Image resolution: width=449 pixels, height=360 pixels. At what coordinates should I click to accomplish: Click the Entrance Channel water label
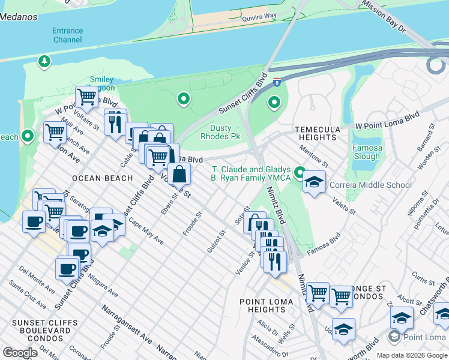pos(67,35)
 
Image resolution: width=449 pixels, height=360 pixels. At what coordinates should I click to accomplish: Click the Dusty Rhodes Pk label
pos(225,133)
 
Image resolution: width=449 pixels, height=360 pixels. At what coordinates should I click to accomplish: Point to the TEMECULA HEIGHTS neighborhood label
pos(317,133)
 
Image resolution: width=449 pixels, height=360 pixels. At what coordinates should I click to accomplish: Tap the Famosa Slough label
pos(366,152)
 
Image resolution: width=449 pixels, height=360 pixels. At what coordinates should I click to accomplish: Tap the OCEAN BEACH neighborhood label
pos(102,178)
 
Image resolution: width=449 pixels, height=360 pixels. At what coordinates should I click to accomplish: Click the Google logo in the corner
pos(20,353)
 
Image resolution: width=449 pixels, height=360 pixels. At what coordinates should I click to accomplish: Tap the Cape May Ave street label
pos(145,232)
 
